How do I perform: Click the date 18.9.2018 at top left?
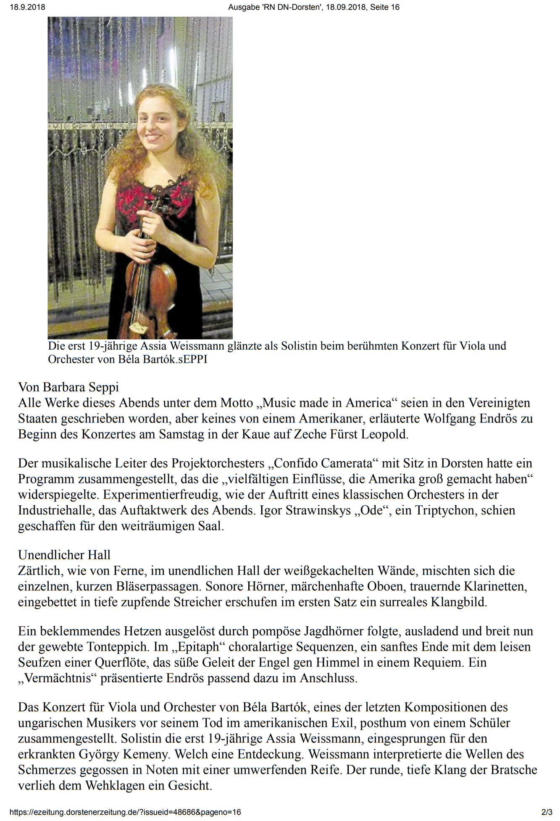coord(27,7)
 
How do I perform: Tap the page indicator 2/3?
coord(547,812)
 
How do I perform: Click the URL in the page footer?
coord(125,812)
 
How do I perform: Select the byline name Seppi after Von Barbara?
coord(104,387)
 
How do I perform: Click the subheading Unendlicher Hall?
coord(64,555)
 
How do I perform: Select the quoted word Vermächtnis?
coord(58,678)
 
